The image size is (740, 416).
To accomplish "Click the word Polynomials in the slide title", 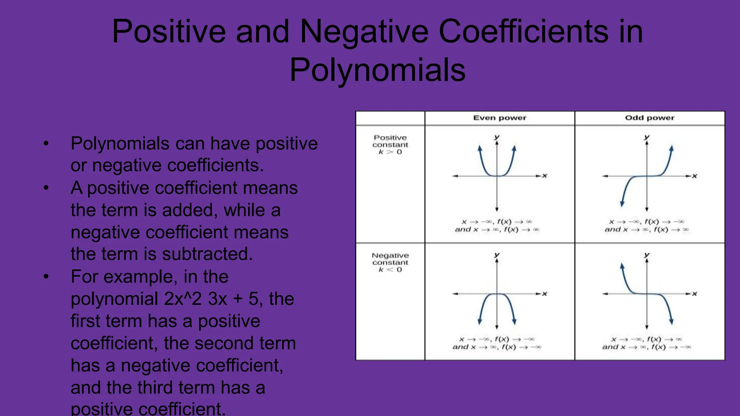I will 378,70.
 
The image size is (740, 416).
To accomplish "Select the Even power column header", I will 500,118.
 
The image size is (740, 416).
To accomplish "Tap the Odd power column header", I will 650,118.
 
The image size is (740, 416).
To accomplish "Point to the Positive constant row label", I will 390,141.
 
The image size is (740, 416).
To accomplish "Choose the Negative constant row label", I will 390,259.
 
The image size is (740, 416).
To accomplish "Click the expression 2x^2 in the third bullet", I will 183,299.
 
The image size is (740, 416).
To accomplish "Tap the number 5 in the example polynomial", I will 254,299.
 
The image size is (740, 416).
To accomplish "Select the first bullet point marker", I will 46,144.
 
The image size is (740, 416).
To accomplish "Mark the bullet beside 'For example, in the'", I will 46,277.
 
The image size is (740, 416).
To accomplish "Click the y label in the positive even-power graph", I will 497,137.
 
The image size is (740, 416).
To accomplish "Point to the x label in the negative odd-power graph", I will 694,294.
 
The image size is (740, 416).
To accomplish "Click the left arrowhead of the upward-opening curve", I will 479,148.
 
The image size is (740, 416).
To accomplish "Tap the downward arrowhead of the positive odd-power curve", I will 622,204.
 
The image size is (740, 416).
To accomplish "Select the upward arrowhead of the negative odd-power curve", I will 622,266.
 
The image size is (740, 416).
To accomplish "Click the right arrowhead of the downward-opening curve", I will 514,322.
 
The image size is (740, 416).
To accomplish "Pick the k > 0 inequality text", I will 390,152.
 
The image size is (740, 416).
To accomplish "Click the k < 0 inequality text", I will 390,270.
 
